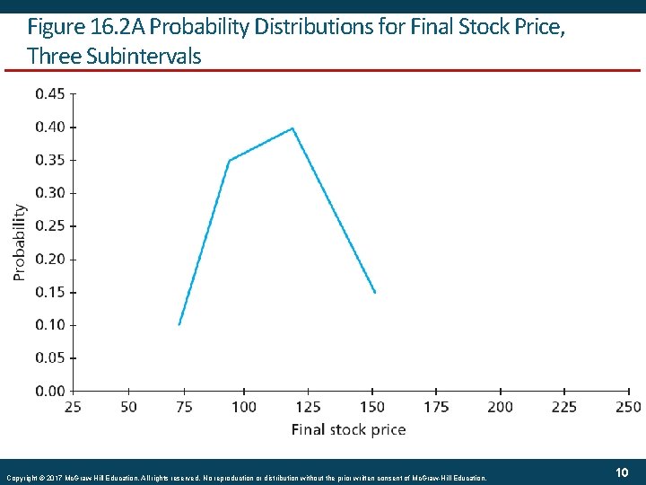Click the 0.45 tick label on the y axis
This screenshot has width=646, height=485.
click(49, 93)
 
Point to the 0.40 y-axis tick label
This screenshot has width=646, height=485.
click(49, 127)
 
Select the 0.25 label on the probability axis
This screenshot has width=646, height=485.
click(49, 225)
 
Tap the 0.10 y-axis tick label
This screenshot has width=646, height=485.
click(49, 324)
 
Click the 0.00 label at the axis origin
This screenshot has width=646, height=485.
click(49, 391)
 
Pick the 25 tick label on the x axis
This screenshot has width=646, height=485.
click(73, 407)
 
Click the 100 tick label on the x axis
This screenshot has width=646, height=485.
click(244, 407)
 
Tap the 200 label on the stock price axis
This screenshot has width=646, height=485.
click(500, 407)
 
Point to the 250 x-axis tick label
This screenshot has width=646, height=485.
click(629, 407)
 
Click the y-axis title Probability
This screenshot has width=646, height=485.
click(20, 242)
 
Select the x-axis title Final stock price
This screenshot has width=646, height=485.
click(348, 429)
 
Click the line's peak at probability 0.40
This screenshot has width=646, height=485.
click(292, 128)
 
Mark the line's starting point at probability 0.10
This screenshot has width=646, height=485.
click(179, 324)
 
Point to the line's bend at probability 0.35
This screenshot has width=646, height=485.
click(230, 161)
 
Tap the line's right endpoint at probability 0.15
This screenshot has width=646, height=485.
click(375, 292)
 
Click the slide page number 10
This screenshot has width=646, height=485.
click(621, 472)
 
